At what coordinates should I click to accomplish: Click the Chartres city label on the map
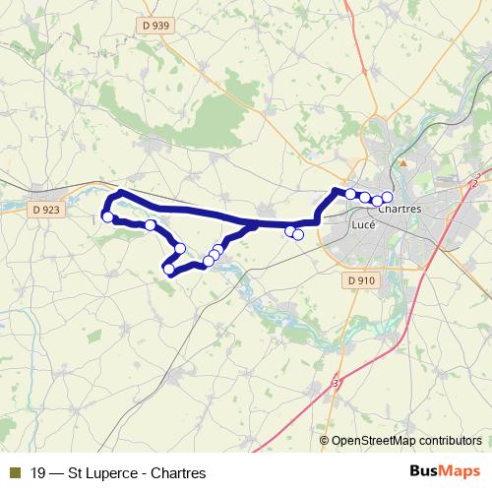[400, 211]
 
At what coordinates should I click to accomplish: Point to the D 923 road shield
[44, 209]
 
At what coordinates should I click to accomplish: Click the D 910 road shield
[361, 280]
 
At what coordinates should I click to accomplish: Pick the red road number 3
[337, 383]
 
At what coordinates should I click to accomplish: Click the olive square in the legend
[14, 472]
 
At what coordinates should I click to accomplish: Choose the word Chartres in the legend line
[178, 472]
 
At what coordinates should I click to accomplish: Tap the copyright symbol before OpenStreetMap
[326, 442]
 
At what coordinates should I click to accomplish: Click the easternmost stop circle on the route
[387, 198]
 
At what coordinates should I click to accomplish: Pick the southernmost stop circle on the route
[168, 269]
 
